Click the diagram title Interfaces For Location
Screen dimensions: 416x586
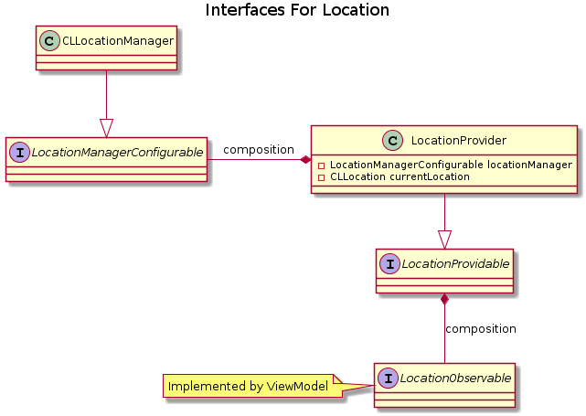[297, 11]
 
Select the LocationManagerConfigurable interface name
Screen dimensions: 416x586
[117, 152]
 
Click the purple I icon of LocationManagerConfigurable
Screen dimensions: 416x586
[20, 152]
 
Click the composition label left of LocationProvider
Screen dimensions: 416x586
[259, 149]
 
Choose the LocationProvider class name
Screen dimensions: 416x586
[459, 140]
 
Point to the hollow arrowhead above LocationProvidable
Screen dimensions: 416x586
[444, 239]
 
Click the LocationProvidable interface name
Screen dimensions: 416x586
[453, 263]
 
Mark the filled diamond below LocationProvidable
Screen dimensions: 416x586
[444, 299]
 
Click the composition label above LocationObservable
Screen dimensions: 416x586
[480, 328]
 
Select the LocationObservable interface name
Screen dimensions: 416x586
[453, 377]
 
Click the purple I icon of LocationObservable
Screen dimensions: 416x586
[389, 377]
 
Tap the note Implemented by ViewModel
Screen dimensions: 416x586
[248, 387]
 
